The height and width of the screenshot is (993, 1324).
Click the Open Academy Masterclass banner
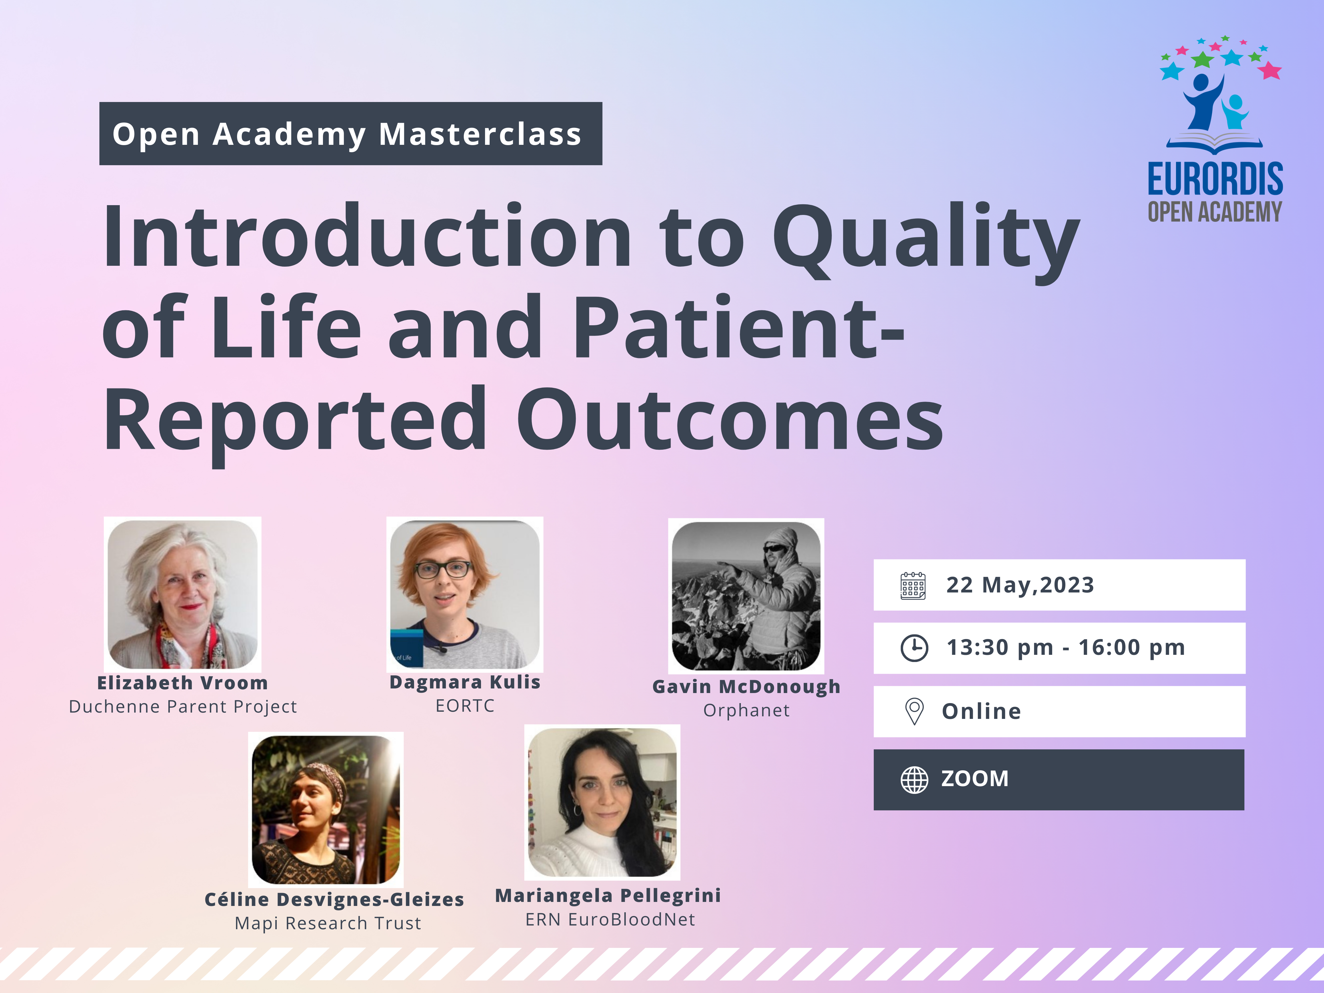[351, 134]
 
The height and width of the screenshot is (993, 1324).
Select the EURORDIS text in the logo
[1215, 178]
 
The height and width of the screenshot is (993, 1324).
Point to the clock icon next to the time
[915, 648]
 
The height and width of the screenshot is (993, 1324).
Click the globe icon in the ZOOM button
[915, 779]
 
